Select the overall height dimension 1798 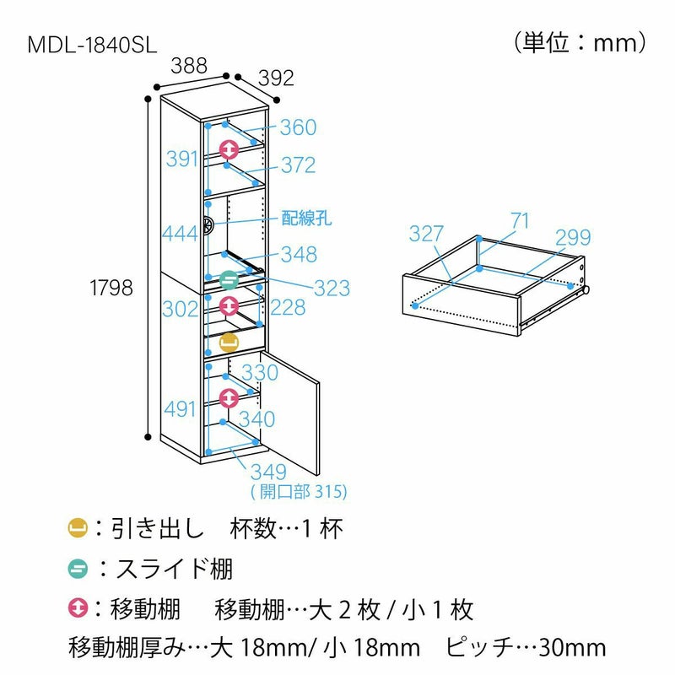pyautogui.click(x=111, y=288)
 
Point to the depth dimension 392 pyautogui.click(x=275, y=78)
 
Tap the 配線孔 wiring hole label pyautogui.click(x=306, y=219)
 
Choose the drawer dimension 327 pyautogui.click(x=427, y=235)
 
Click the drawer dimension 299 pyautogui.click(x=573, y=238)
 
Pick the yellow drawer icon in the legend pyautogui.click(x=77, y=529)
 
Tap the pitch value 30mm pyautogui.click(x=571, y=647)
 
